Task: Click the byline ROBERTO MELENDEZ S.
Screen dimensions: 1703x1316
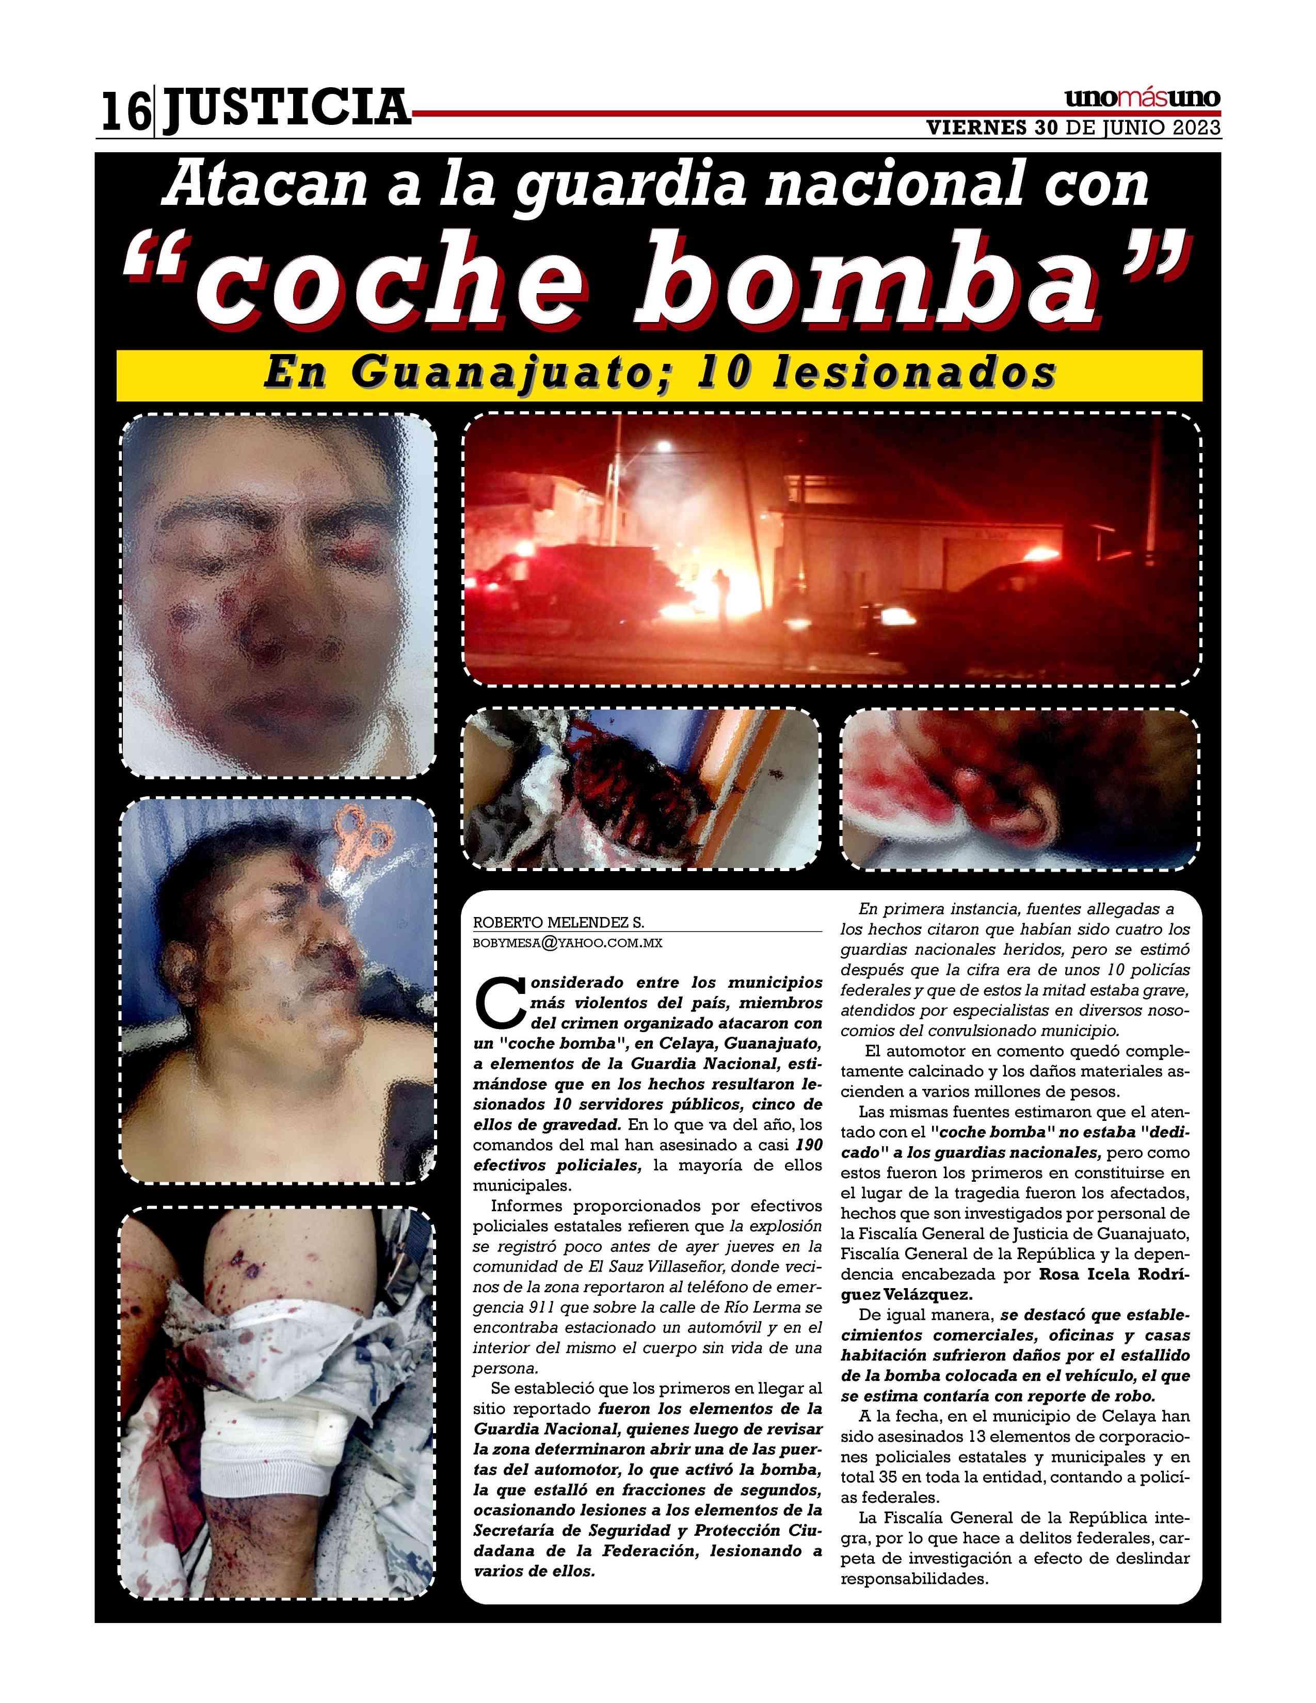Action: pos(558,923)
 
